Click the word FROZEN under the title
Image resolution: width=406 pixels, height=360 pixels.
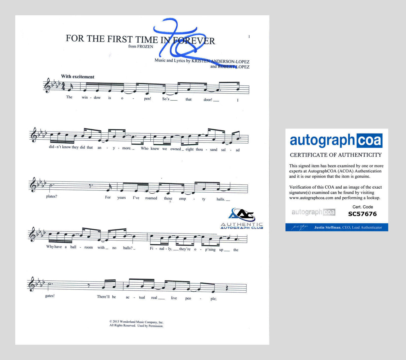[x=145, y=47]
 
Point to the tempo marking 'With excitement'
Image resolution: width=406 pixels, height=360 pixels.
[x=78, y=77]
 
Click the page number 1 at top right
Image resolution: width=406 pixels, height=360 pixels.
[x=249, y=37]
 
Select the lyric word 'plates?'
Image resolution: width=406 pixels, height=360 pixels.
[x=52, y=196]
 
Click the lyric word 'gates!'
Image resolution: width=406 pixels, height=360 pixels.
[x=50, y=296]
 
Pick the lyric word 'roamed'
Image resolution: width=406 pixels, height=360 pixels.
[x=151, y=198]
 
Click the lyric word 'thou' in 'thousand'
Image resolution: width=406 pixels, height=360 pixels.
[x=199, y=150]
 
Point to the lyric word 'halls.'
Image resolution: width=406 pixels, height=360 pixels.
[x=221, y=199]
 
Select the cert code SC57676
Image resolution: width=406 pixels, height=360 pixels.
[x=362, y=214]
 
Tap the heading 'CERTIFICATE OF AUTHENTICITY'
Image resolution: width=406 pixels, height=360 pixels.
[x=336, y=155]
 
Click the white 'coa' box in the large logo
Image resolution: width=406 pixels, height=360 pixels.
[x=369, y=141]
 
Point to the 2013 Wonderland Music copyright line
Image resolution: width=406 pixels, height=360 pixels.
[x=136, y=322]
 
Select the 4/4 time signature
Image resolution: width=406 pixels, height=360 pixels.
[x=63, y=86]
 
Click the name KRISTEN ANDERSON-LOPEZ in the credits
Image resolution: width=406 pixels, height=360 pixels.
[x=220, y=61]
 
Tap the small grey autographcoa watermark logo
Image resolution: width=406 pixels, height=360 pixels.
[x=313, y=212]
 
